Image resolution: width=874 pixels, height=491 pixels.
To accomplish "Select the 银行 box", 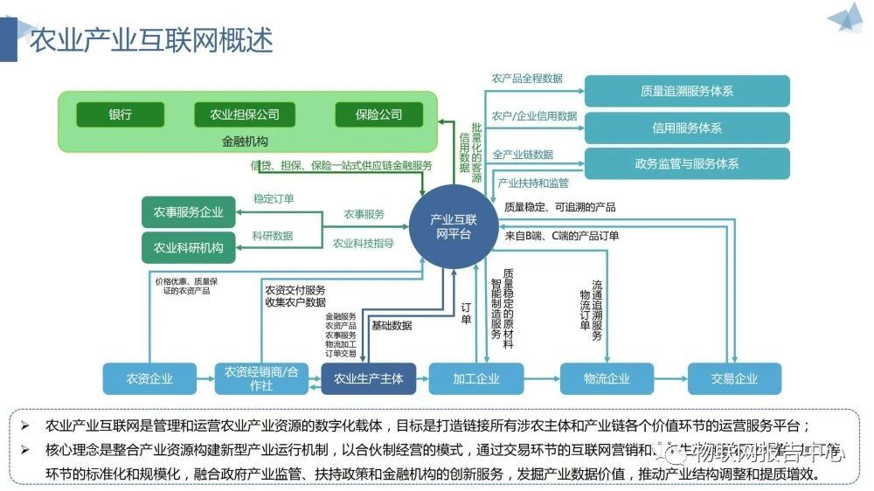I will point(121,114).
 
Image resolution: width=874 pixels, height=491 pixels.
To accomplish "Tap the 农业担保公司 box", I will point(244,114).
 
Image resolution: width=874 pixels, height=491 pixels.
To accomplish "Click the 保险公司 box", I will point(378,114).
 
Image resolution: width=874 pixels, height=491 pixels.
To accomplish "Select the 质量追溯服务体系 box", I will point(686,91).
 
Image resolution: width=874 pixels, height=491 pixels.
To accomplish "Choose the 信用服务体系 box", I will point(686,128).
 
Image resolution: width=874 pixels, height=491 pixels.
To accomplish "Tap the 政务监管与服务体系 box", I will point(686,164).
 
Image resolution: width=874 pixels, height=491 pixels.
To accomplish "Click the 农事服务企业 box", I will point(188,212).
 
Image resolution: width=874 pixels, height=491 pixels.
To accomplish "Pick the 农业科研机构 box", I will point(188,247).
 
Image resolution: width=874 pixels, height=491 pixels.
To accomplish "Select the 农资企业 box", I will point(149,378).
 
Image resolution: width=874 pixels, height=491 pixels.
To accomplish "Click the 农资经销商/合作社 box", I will point(261,378).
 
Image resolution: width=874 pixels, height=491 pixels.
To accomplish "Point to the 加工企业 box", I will point(476,378).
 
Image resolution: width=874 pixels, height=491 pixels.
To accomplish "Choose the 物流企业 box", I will point(606,378).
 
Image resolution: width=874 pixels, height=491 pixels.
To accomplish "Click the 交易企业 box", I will point(734,378).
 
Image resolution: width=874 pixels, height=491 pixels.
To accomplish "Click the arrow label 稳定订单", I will point(274,199).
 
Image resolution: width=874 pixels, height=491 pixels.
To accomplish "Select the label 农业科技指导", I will point(363,243).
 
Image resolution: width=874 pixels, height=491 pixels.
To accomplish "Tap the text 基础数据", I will point(392,325).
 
